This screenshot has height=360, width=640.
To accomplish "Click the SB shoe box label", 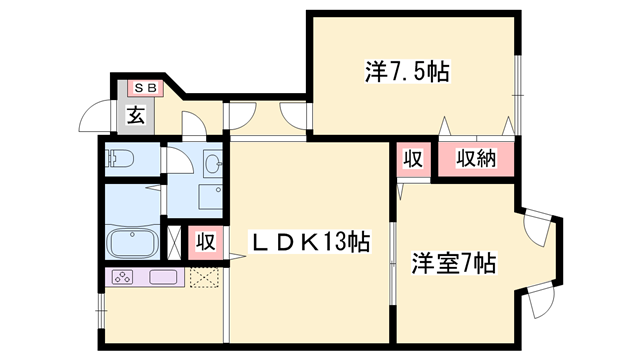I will pyautogui.click(x=138, y=88).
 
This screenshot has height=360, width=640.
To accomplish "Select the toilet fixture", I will pyautogui.click(x=120, y=157).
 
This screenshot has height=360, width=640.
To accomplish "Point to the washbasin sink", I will pyautogui.click(x=211, y=163).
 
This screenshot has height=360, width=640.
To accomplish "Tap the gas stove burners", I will pyautogui.click(x=125, y=277).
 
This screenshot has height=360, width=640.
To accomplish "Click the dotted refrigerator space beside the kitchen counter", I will pyautogui.click(x=204, y=278).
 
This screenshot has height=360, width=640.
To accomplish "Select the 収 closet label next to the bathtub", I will pyautogui.click(x=205, y=241).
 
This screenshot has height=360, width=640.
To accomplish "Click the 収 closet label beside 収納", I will pyautogui.click(x=412, y=158).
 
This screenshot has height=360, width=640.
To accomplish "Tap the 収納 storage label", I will pyautogui.click(x=477, y=158).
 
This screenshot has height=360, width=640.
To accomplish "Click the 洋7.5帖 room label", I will pyautogui.click(x=406, y=71).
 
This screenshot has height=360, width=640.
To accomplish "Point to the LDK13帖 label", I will pyautogui.click(x=310, y=241).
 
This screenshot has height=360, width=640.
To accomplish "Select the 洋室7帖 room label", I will pyautogui.click(x=454, y=264).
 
